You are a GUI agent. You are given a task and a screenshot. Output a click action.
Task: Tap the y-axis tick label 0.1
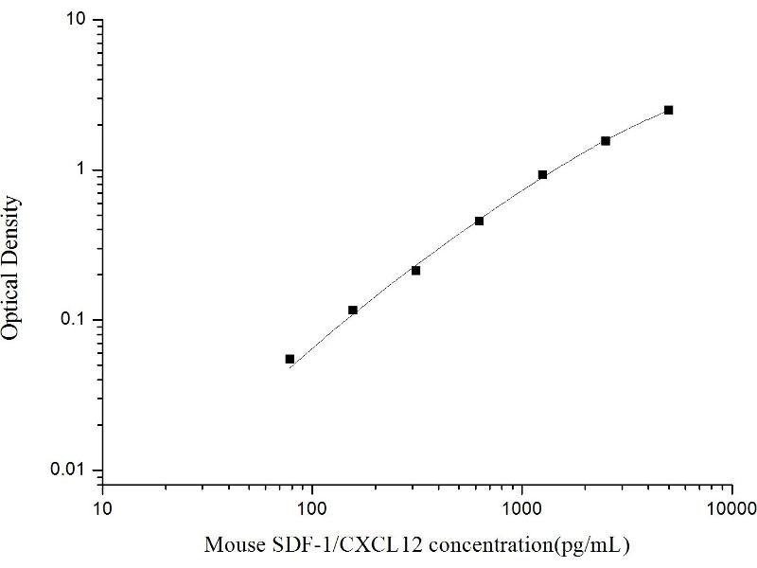[77, 320]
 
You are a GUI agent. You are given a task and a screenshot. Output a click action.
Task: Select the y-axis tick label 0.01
[73, 470]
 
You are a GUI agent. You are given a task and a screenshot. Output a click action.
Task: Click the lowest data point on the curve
[290, 359]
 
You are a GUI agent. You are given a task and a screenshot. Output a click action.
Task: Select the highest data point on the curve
[668, 110]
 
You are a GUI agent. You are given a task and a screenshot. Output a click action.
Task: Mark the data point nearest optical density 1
[542, 174]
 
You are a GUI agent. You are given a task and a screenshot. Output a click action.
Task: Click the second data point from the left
[353, 310]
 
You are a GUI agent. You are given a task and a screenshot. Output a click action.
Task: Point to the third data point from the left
[415, 270]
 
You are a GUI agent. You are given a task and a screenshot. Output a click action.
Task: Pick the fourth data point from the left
[479, 221]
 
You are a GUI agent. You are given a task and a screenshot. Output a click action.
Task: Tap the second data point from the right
[606, 140]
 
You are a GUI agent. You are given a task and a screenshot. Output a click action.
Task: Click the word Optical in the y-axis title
[13, 303]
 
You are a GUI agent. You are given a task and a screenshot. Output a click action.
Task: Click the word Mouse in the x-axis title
[232, 545]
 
